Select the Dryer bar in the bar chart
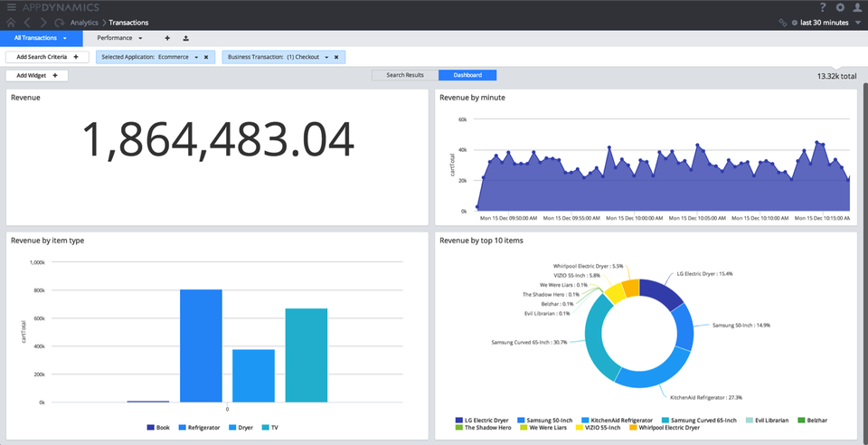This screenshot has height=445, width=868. click(x=253, y=375)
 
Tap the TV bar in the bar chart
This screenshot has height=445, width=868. click(x=307, y=355)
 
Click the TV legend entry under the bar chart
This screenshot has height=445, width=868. click(x=270, y=427)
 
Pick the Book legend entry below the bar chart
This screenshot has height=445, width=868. click(x=158, y=427)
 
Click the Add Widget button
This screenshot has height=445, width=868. click(x=37, y=76)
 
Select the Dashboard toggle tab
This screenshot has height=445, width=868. click(x=467, y=75)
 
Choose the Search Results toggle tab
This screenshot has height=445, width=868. click(x=405, y=75)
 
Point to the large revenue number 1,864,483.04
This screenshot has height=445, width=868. click(x=218, y=141)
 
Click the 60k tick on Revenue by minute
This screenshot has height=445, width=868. click(x=461, y=119)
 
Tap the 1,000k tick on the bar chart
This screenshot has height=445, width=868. click(x=37, y=262)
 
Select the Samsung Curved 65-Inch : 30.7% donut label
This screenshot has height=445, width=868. click(x=529, y=342)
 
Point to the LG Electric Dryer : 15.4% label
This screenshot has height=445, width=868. click(x=705, y=273)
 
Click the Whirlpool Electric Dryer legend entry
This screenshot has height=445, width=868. click(x=669, y=427)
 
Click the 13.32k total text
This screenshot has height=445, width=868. click(x=835, y=76)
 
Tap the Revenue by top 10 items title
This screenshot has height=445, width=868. click(x=481, y=241)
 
